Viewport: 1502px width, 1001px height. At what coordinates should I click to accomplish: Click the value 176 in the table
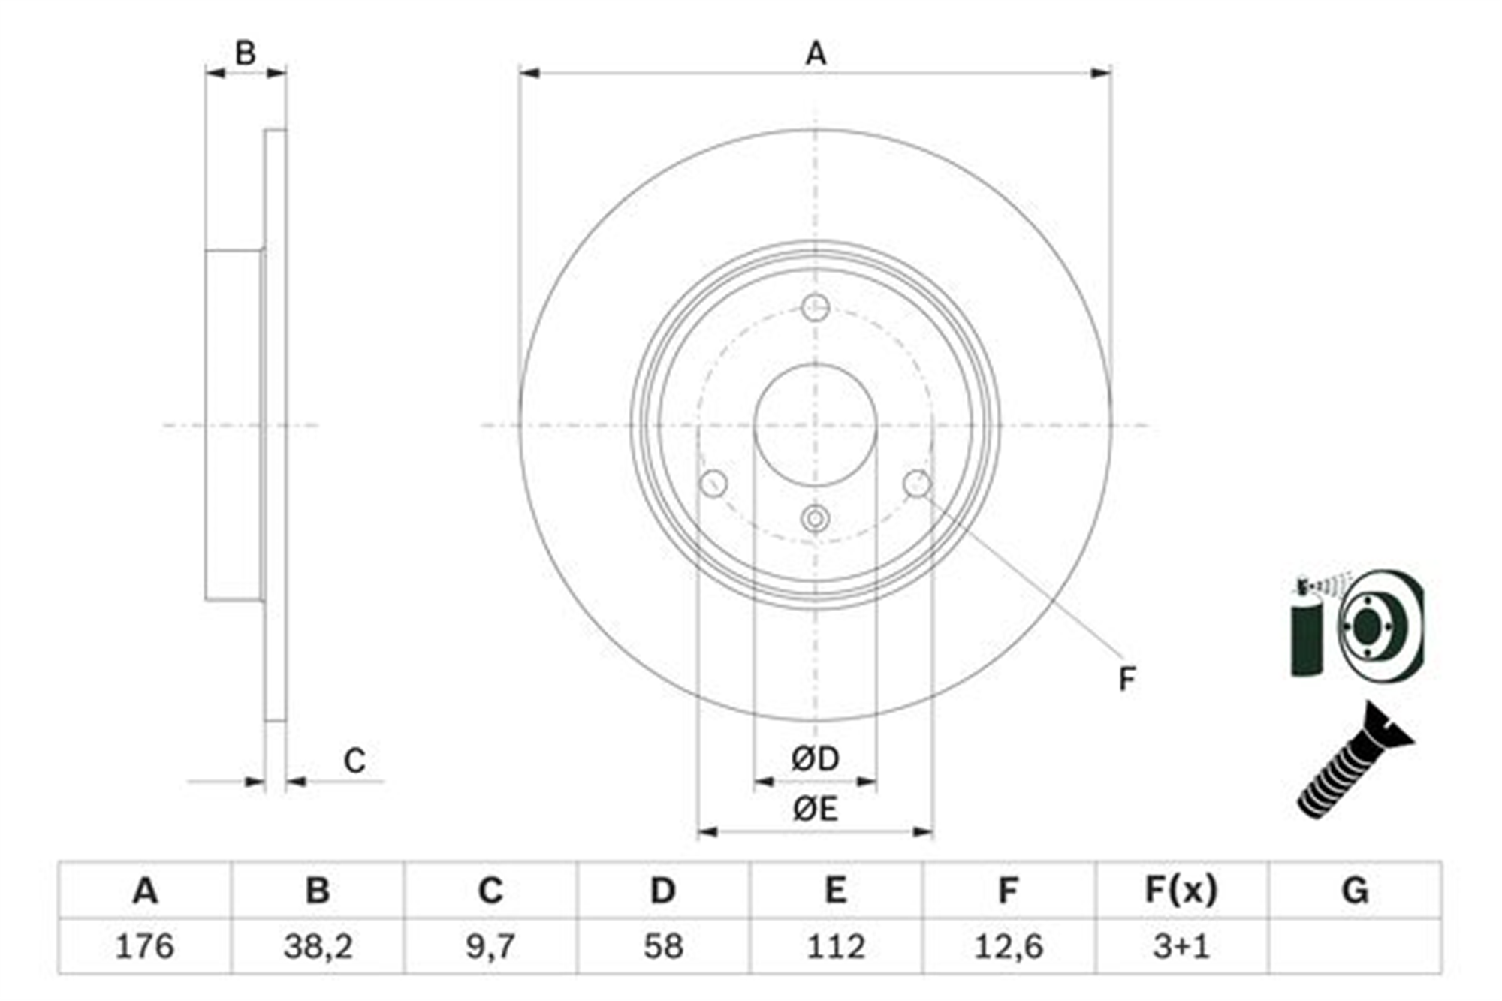(x=145, y=946)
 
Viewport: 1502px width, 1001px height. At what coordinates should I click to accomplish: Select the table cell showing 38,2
(x=318, y=946)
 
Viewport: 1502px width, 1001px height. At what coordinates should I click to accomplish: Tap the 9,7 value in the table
(x=490, y=946)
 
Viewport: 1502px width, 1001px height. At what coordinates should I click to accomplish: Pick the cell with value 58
(x=663, y=946)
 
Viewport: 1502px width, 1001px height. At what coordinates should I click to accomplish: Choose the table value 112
(x=836, y=946)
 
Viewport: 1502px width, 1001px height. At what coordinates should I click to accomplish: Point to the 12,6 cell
(x=1009, y=946)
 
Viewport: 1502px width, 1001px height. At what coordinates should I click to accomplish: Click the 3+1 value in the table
(x=1181, y=946)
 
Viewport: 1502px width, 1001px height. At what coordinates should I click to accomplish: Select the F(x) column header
(x=1181, y=891)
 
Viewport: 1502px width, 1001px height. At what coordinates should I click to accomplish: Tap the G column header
(x=1355, y=891)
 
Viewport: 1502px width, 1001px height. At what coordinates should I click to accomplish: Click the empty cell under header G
(x=1355, y=946)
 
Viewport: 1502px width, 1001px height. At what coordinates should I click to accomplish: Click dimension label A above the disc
(x=816, y=54)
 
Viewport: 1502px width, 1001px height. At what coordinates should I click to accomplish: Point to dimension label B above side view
(x=245, y=53)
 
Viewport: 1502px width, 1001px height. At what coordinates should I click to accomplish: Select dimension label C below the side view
(x=354, y=761)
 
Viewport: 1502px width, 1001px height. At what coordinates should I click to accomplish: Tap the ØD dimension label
(x=815, y=759)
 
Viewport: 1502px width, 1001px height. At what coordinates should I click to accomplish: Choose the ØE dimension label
(x=815, y=809)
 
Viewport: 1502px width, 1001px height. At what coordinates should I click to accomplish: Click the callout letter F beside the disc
(x=1126, y=679)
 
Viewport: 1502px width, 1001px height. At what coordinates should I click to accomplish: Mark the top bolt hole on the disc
(x=815, y=307)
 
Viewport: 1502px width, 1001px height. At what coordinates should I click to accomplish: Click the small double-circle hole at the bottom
(x=815, y=519)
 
